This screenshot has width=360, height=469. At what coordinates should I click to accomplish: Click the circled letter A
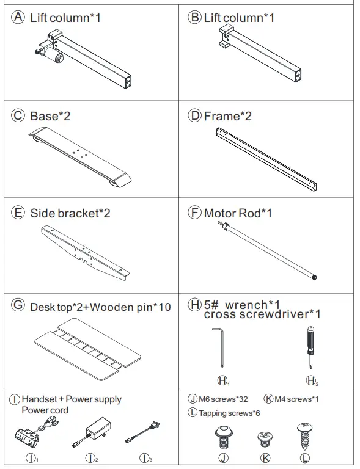click(20, 17)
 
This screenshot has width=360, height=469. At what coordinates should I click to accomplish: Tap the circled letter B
click(195, 17)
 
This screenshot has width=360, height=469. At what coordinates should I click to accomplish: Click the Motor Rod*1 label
click(238, 213)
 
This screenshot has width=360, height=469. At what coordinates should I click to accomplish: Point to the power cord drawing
click(146, 435)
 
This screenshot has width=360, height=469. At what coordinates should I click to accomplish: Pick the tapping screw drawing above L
click(304, 435)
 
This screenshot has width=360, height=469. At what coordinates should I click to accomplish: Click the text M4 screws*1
click(296, 399)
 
